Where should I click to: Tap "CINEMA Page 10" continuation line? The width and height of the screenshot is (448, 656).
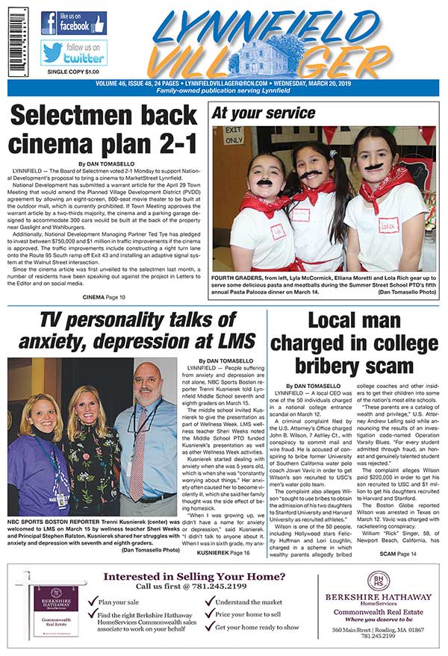pyautogui.click(x=104, y=297)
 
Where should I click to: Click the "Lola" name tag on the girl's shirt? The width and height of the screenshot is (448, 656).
pyautogui.click(x=389, y=225)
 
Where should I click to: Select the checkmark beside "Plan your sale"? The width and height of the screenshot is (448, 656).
pyautogui.click(x=92, y=602)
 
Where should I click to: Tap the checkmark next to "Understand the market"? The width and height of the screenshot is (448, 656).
pyautogui.click(x=208, y=602)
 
